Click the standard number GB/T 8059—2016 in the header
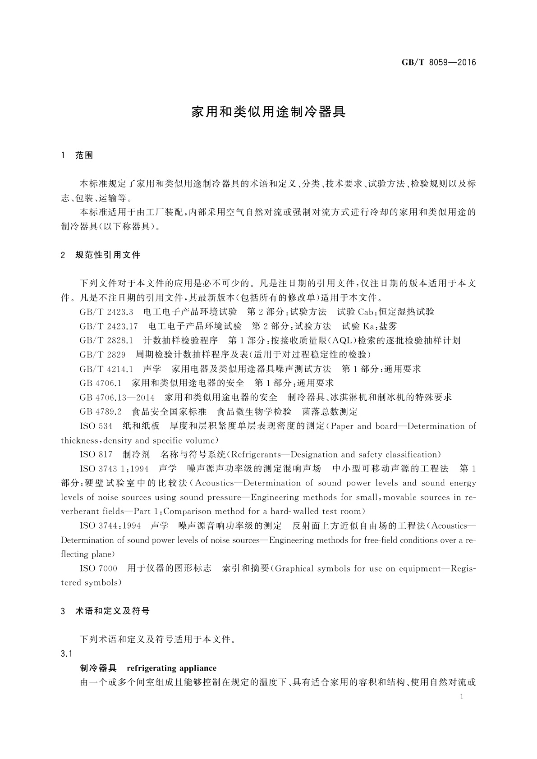(439, 62)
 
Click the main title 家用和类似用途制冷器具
(268, 112)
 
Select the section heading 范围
(84, 155)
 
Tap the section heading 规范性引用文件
(108, 255)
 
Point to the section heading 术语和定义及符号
(112, 611)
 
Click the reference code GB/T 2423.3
(106, 312)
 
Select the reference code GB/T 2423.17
(109, 326)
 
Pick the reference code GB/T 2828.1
(106, 340)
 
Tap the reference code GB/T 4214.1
(106, 369)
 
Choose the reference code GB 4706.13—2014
(117, 398)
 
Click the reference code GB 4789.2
(101, 412)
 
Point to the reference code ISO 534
(96, 426)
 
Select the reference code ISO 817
(96, 455)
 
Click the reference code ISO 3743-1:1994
(114, 469)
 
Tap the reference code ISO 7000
(98, 569)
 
